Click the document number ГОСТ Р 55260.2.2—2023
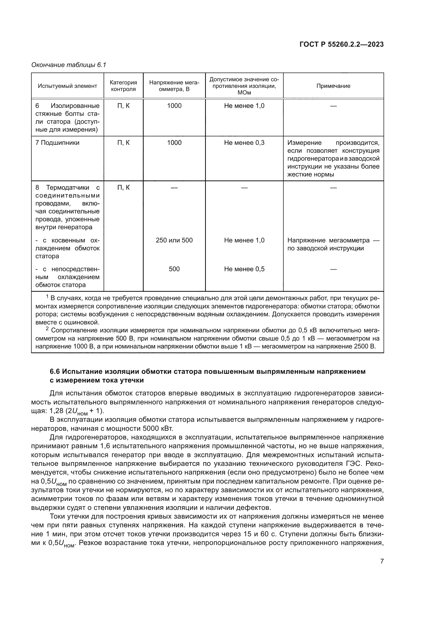(x=341, y=45)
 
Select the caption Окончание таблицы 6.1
(x=69, y=65)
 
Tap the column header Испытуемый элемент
(x=67, y=86)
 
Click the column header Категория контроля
(x=123, y=86)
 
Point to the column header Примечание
(x=333, y=86)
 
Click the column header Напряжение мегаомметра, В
(x=174, y=86)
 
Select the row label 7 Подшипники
(x=57, y=143)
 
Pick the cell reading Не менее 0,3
(x=244, y=143)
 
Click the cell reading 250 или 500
(x=174, y=240)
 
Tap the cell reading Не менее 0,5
(x=244, y=269)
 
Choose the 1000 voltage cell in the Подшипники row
(x=174, y=143)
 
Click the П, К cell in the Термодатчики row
(x=123, y=188)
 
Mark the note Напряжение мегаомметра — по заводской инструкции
(x=333, y=244)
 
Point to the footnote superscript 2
(x=47, y=329)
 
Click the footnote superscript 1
(x=47, y=296)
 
